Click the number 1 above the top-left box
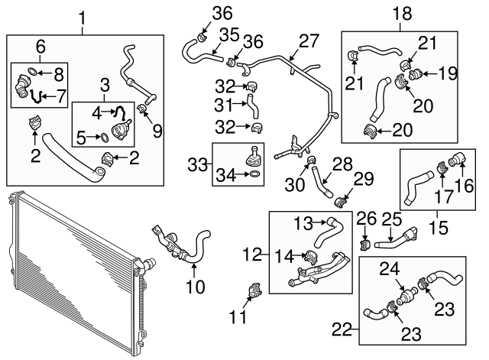tap(85, 16)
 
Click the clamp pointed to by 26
tap(364, 245)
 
